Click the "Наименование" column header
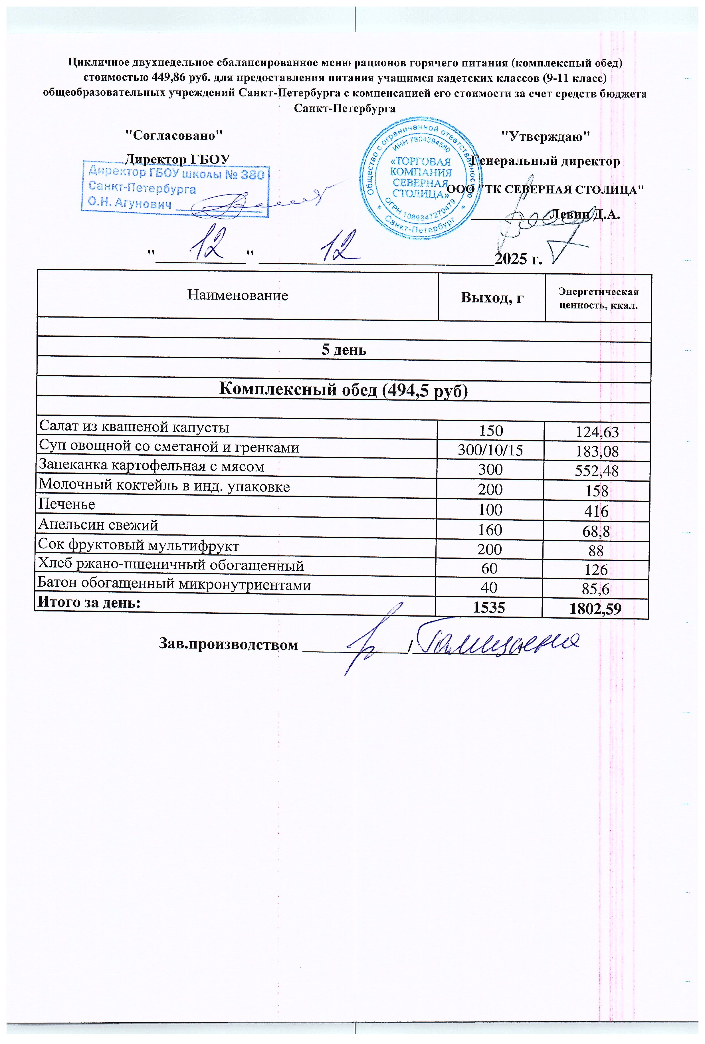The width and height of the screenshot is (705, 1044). tap(237, 295)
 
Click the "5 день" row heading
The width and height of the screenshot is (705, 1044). tap(344, 350)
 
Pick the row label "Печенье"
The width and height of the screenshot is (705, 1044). tap(66, 504)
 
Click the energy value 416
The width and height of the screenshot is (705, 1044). tap(597, 511)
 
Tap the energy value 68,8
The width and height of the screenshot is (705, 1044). tap(597, 532)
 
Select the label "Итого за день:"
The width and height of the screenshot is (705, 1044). tap(88, 602)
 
